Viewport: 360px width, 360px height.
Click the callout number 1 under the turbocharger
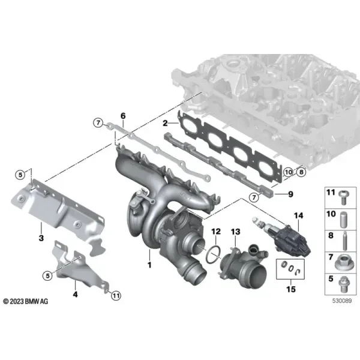tap(149, 265)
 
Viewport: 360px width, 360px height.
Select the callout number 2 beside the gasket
tap(165, 123)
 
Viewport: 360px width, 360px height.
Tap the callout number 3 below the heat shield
tap(41, 238)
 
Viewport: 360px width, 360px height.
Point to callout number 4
tap(76, 294)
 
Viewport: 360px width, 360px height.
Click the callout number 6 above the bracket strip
tap(123, 116)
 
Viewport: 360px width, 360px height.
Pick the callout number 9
tap(290, 194)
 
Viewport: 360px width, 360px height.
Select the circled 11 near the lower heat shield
tap(116, 295)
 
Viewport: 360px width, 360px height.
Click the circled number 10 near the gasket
tap(289, 172)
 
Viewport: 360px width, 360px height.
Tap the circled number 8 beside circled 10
tap(301, 172)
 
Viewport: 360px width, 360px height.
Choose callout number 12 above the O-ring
tap(216, 232)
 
